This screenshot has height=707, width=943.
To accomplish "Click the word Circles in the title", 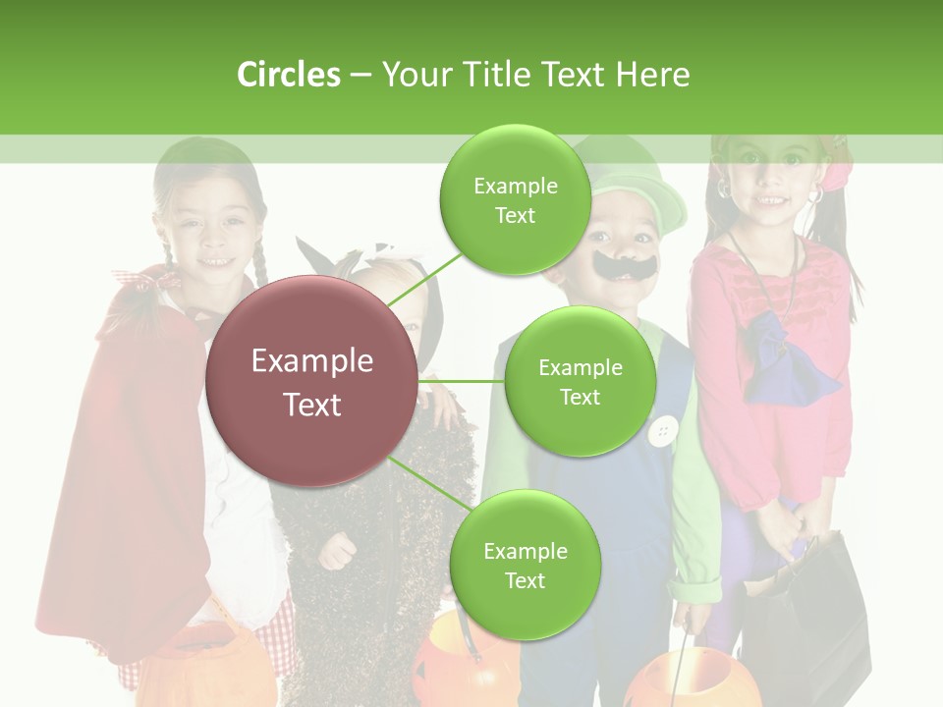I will point(288,75).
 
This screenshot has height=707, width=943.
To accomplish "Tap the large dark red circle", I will point(311,381).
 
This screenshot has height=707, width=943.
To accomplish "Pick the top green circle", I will point(515,199).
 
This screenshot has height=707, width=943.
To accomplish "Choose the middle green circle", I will point(580,381).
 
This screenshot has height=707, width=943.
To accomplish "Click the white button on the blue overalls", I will point(665,429).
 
